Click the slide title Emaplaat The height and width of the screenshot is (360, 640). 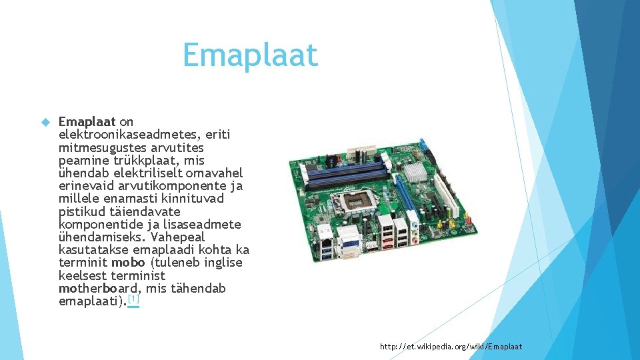point(250,55)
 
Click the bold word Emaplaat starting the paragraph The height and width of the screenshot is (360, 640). point(87,121)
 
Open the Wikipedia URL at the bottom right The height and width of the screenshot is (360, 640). point(451,347)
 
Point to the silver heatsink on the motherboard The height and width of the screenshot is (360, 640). point(416,174)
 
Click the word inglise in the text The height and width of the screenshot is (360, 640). point(220,263)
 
